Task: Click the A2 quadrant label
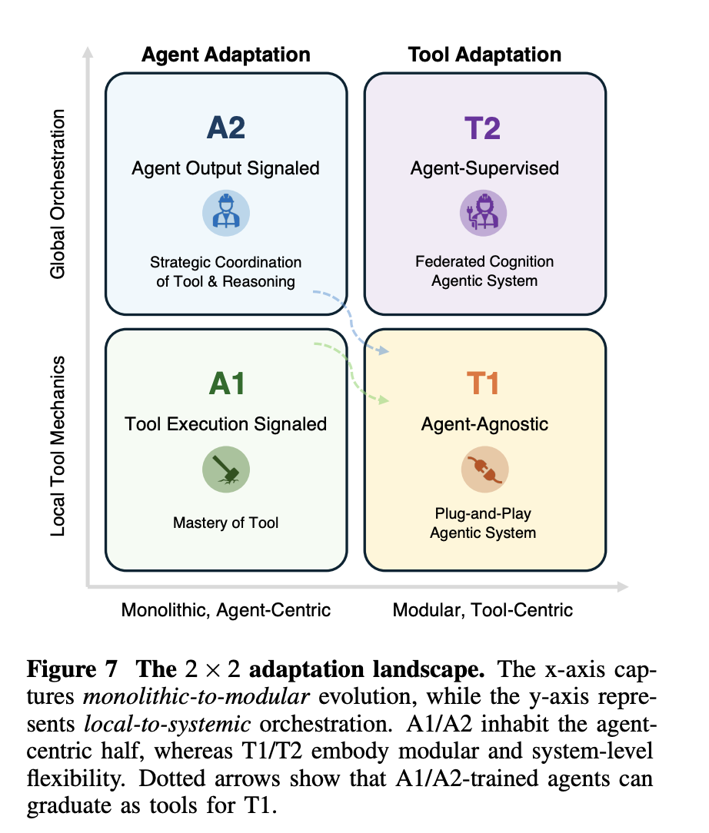pos(226,127)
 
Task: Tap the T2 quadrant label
pos(484,127)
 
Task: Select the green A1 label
pos(226,383)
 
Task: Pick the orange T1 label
pos(484,383)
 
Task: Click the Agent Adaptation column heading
pos(226,55)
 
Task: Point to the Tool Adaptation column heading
pos(484,55)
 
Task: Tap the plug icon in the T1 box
pos(484,470)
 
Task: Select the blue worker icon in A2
pos(225,212)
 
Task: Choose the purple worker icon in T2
pos(484,212)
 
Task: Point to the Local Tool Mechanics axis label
pos(59,446)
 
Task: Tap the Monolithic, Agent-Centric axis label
pos(226,610)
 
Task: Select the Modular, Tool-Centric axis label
pos(483,610)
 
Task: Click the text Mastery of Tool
pos(226,523)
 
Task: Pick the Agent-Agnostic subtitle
pos(484,424)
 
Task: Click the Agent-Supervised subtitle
pos(484,168)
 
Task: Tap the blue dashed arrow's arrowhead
pos(385,352)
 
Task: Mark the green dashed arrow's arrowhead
pos(385,400)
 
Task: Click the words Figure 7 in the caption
pos(72,669)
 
